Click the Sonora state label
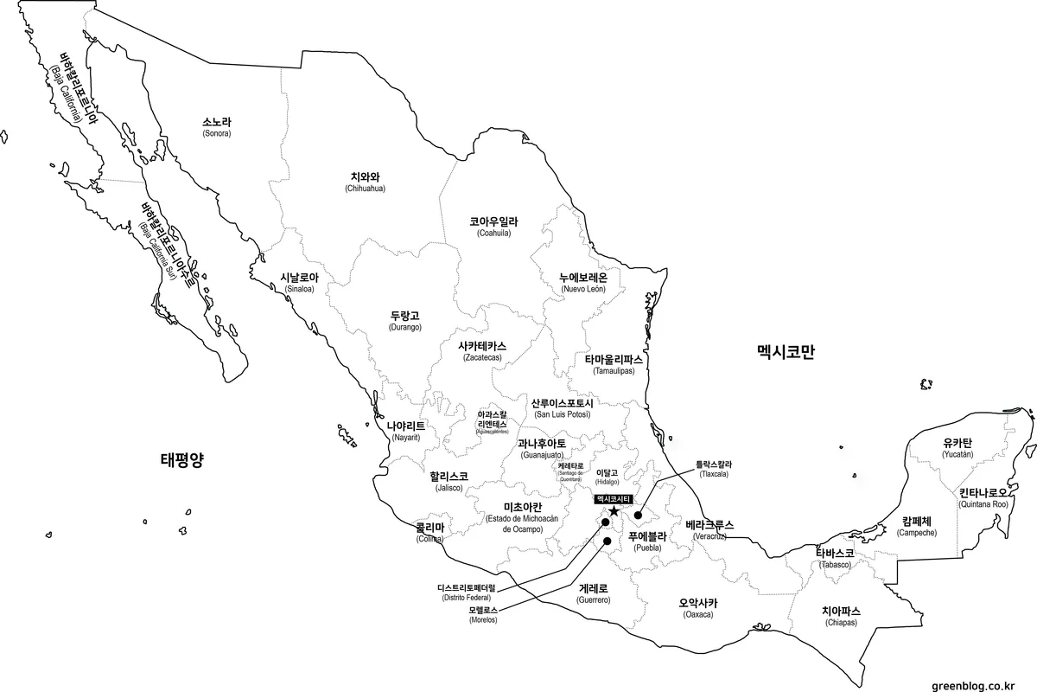tap(217, 128)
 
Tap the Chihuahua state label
tap(365, 182)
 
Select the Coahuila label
tap(493, 227)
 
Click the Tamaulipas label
tap(614, 364)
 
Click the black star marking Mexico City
tap(614, 512)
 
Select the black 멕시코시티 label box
tap(614, 499)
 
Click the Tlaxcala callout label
tap(713, 469)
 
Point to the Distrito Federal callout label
tap(467, 593)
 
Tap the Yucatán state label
tap(957, 448)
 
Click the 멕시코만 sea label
tap(786, 353)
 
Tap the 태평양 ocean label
tap(181, 458)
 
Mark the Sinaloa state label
tap(299, 283)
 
